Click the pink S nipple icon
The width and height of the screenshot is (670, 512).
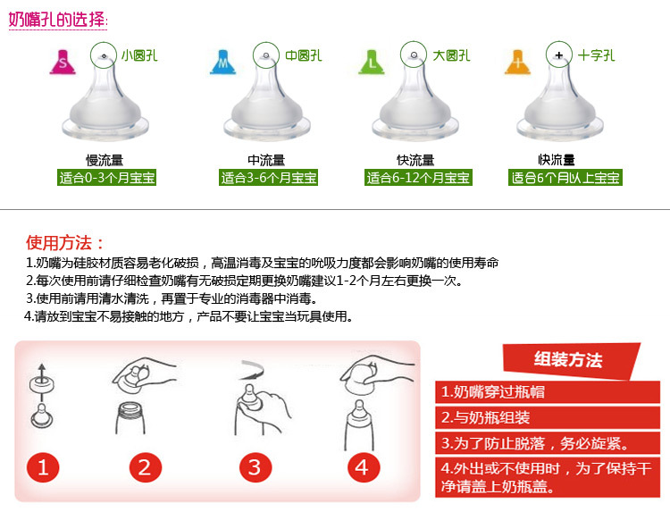[63, 63]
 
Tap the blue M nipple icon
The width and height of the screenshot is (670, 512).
[222, 63]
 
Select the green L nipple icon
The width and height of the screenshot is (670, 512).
[372, 63]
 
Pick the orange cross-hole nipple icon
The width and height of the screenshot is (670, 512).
[517, 63]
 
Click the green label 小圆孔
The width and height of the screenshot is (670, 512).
[139, 55]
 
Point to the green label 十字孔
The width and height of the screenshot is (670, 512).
[596, 55]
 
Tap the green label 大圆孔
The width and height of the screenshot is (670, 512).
[451, 55]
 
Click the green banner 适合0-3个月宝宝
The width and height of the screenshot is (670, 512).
[107, 177]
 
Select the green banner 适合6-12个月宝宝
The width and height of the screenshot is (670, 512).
[418, 177]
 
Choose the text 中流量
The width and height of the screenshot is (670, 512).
[266, 160]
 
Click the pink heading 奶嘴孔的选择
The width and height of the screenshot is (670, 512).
[58, 20]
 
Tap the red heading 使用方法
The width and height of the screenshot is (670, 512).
[65, 243]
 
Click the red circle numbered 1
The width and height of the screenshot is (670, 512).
[43, 467]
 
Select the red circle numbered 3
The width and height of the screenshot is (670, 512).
[255, 467]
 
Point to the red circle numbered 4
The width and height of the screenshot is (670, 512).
[364, 467]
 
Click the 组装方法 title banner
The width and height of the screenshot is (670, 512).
[568, 360]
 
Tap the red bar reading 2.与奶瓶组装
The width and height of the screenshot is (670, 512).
[548, 417]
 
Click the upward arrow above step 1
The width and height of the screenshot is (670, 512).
[41, 373]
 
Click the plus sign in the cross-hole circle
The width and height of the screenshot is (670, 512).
[559, 55]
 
